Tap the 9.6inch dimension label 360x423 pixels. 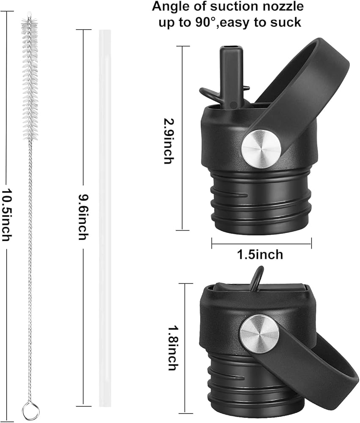[83, 217]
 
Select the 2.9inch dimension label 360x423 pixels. [170, 141]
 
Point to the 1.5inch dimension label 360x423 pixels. [260, 254]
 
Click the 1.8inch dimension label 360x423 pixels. [173, 348]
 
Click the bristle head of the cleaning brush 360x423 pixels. [30, 78]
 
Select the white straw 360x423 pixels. [105, 218]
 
